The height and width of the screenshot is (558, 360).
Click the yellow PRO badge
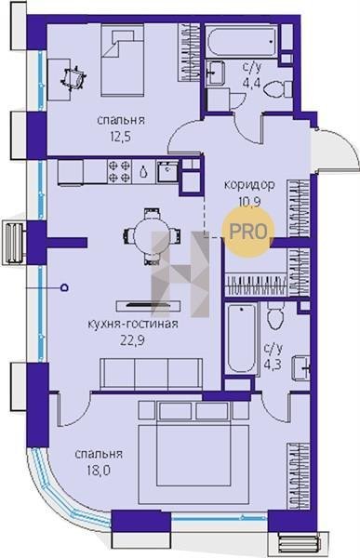click(248, 232)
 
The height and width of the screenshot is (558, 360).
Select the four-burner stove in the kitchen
click(119, 171)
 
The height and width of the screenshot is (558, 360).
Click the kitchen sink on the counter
click(167, 171)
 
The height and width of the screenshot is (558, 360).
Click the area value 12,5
click(121, 137)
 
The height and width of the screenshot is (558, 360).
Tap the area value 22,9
click(132, 341)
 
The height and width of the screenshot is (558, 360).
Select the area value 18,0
click(99, 471)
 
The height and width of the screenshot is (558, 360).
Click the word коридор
click(249, 185)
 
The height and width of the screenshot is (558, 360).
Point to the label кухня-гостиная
click(132, 324)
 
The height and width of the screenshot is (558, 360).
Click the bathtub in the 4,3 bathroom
click(242, 339)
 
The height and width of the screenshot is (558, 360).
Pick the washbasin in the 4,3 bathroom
click(300, 368)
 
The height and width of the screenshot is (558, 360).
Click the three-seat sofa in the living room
click(151, 374)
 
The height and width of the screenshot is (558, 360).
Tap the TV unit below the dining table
click(148, 305)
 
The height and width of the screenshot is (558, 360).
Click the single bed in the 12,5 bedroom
click(123, 60)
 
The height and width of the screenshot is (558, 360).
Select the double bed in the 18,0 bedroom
click(193, 453)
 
